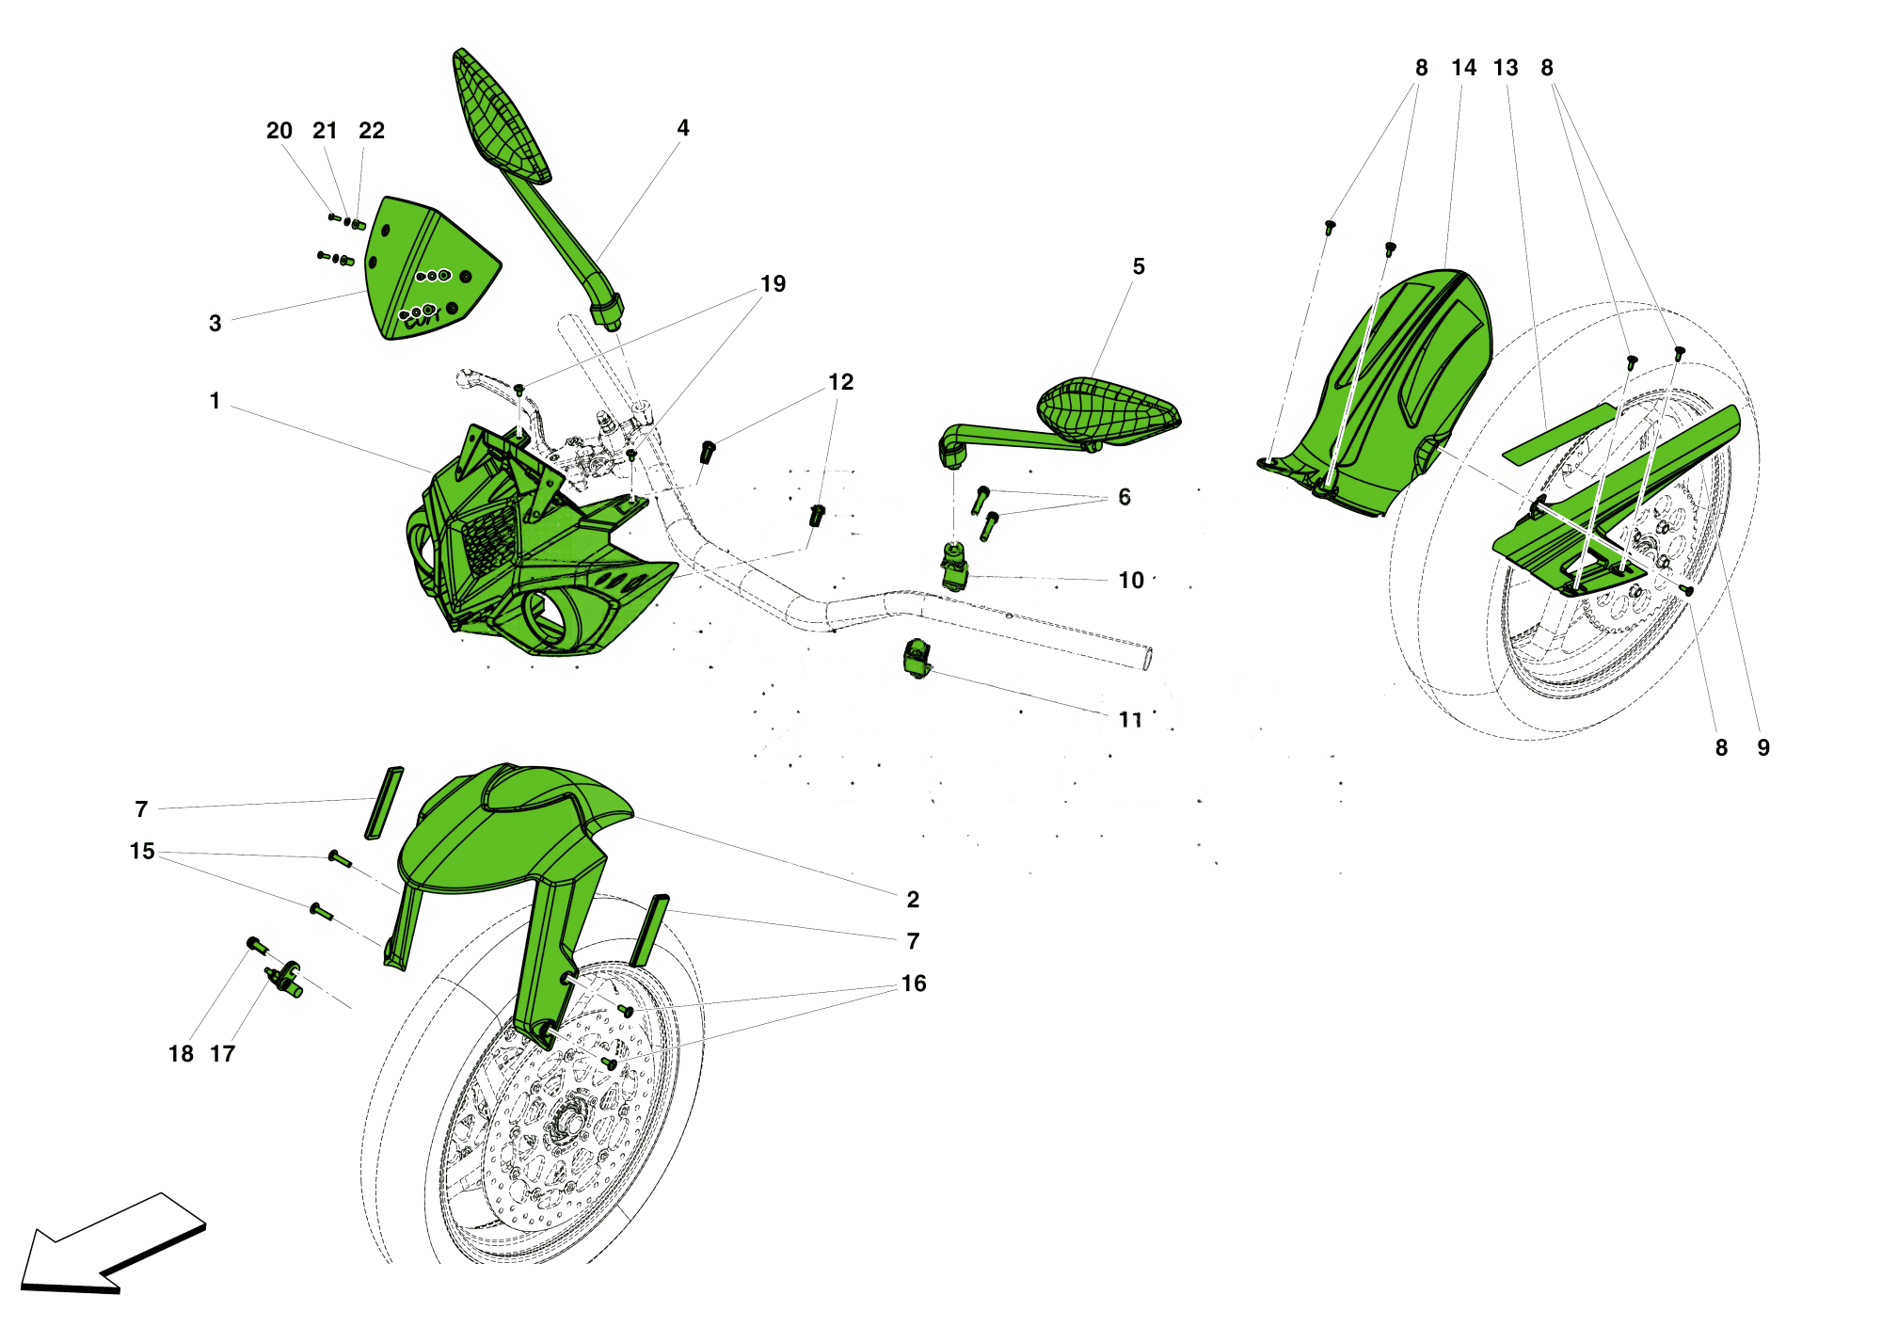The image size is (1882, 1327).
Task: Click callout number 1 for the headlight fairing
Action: [x=215, y=401]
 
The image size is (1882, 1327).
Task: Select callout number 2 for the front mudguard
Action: [x=913, y=900]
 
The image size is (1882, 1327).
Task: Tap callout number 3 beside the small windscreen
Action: [x=215, y=324]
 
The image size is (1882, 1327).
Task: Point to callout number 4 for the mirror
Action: [x=683, y=128]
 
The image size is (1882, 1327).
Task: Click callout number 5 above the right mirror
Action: [x=1139, y=267]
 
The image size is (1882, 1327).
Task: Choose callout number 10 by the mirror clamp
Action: [x=1131, y=581]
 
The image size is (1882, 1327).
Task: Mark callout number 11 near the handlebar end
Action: [x=1130, y=720]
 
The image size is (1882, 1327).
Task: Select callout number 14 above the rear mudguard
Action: [x=1463, y=68]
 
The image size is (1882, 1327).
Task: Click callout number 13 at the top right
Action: [x=1506, y=68]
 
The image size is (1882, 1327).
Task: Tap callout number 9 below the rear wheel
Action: [x=1763, y=748]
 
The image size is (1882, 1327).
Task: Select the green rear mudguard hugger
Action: [x=1393, y=386]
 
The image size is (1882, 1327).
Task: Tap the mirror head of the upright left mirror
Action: [x=499, y=118]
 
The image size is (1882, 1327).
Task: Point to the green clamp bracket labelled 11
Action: [x=916, y=657]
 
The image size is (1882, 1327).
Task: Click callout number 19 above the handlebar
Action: [x=773, y=284]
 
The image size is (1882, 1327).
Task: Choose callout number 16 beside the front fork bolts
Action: [x=914, y=983]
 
